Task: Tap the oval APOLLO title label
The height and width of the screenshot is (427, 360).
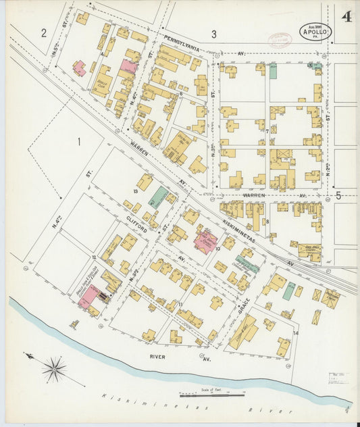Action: pos(315,31)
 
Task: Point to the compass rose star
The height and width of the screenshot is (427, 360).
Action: pos(54,369)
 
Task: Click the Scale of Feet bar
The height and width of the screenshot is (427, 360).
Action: pos(211,395)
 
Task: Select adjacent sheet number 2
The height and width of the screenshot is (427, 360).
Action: pos(43,32)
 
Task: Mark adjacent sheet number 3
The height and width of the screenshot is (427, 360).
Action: pos(213,34)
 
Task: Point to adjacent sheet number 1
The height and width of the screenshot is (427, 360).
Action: pos(78,141)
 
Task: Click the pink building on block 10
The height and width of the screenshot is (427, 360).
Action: pos(205,241)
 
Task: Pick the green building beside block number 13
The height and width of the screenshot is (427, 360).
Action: pos(158,197)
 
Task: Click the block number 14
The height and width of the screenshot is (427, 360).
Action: pos(295,333)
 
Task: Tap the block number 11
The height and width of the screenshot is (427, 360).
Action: pos(180,305)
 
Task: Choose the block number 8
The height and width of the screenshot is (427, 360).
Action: pos(267,222)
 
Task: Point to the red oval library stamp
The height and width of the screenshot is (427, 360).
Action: pos(277,40)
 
